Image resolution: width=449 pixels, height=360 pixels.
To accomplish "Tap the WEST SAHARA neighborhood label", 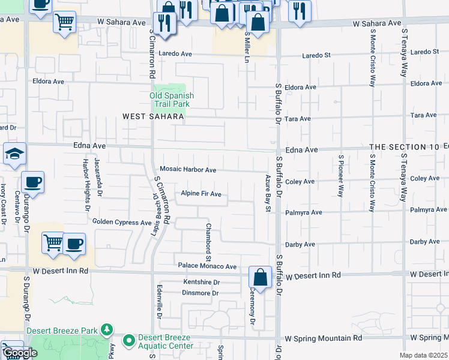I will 153,116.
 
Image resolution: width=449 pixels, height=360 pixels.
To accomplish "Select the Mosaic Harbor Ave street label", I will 187,170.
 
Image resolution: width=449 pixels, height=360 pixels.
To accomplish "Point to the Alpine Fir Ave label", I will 201,194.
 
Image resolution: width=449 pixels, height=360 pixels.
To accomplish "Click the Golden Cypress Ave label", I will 122,222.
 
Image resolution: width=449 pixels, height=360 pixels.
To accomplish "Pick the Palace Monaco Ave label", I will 207,266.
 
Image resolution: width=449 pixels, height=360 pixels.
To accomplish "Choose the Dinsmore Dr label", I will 200,293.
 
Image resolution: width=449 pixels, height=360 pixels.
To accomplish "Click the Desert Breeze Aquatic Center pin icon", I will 128,341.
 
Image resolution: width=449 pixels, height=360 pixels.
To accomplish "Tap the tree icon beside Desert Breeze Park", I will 107,329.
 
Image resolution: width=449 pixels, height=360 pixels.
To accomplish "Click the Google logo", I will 19,353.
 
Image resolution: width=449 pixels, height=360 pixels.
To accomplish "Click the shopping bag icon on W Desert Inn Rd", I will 260,277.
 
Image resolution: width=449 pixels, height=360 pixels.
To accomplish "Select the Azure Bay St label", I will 269,193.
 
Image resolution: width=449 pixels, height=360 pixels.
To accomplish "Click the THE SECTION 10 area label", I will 408,147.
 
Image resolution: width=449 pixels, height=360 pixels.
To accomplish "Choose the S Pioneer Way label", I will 340,176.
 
